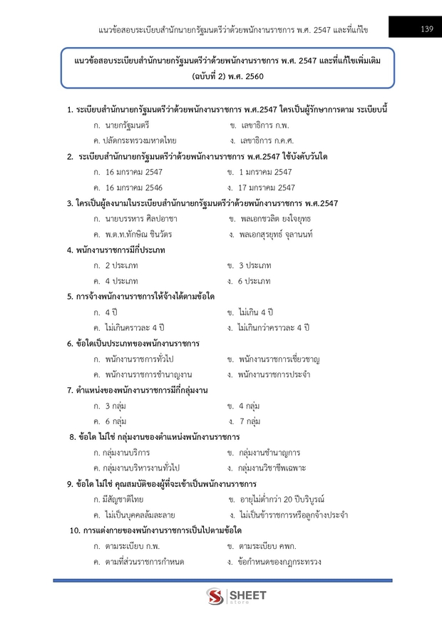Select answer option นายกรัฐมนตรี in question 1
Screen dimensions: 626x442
coord(125,125)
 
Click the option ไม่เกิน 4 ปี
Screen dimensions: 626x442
coord(256,312)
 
